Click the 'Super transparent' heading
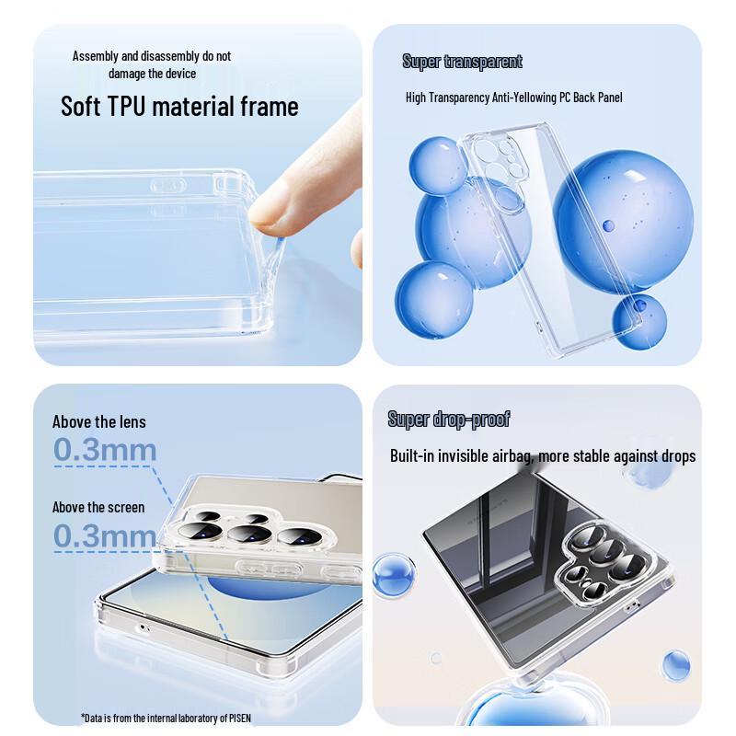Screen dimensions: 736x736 (x=462, y=62)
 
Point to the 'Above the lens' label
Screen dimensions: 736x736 (x=98, y=421)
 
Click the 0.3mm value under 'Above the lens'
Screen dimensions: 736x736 (x=104, y=450)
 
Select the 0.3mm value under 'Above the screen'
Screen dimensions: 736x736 (x=104, y=535)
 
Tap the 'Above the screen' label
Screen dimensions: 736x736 (x=98, y=507)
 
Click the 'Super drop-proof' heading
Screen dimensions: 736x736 (x=448, y=420)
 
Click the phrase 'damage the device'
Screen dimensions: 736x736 (x=152, y=74)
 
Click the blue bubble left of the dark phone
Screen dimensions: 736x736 (x=394, y=575)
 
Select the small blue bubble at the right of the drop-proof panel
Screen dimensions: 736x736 (x=676, y=664)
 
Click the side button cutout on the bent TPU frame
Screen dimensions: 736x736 (x=167, y=186)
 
